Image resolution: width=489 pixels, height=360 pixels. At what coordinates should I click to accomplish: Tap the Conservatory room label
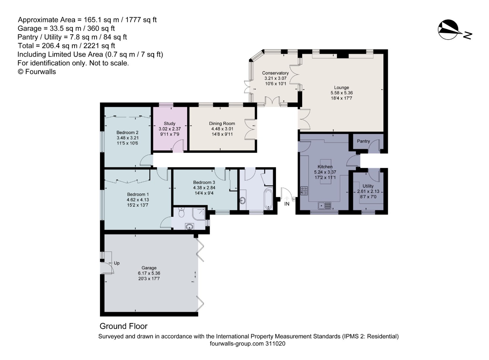pyautogui.click(x=275, y=73)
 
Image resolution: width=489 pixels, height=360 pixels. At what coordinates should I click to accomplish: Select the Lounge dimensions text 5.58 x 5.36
pyautogui.click(x=341, y=93)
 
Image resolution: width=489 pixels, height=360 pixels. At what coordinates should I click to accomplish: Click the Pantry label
pyautogui.click(x=363, y=141)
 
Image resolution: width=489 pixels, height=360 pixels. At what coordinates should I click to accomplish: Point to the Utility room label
pyautogui.click(x=368, y=186)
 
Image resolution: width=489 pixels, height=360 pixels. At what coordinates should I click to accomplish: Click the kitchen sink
pyautogui.click(x=325, y=205)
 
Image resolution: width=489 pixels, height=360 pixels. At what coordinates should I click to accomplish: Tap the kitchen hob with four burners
pyautogui.click(x=304, y=191)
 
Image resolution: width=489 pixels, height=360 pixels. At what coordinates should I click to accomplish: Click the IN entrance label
pyautogui.click(x=287, y=204)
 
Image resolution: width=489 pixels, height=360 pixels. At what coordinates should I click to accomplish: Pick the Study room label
pyautogui.click(x=169, y=123)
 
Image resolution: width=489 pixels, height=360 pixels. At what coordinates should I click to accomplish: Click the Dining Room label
pyautogui.click(x=222, y=123)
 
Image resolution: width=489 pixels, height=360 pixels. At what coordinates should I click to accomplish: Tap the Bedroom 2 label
pyautogui.click(x=127, y=132)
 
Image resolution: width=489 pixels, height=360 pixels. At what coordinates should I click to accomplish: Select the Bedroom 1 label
pyautogui.click(x=138, y=194)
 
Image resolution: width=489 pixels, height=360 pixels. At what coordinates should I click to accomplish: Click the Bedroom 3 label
pyautogui.click(x=204, y=182)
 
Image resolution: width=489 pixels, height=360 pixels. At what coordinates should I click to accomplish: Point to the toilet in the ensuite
pyautogui.click(x=181, y=212)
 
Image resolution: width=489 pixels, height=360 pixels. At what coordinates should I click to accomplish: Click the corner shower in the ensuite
pyautogui.click(x=198, y=214)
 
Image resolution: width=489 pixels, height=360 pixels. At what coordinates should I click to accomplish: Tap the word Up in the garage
pyautogui.click(x=117, y=263)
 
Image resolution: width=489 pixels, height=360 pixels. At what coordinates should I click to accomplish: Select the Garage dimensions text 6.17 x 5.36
pyautogui.click(x=149, y=273)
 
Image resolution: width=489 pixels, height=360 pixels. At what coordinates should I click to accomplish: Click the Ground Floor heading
pyautogui.click(x=123, y=326)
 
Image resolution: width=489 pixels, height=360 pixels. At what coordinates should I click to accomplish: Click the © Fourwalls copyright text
pyautogui.click(x=37, y=72)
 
